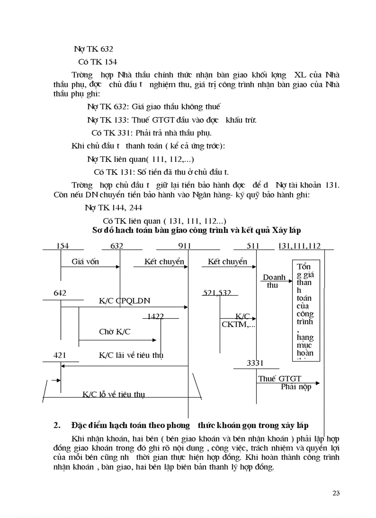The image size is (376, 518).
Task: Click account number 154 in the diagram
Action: pyautogui.click(x=63, y=246)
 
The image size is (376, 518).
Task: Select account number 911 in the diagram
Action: pyautogui.click(x=184, y=246)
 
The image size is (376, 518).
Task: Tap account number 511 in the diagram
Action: pyautogui.click(x=253, y=246)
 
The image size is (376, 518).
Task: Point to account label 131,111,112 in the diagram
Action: pyautogui.click(x=300, y=246)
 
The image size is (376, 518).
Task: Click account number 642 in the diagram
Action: pyautogui.click(x=60, y=293)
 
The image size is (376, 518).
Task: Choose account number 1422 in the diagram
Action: pyautogui.click(x=155, y=316)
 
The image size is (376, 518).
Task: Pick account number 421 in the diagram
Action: pyautogui.click(x=60, y=355)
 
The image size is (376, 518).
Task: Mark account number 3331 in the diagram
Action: pyautogui.click(x=255, y=363)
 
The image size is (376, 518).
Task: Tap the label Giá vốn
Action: pyautogui.click(x=85, y=262)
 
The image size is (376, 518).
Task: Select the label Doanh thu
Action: pyautogui.click(x=274, y=281)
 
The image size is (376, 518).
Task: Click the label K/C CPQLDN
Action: pyautogui.click(x=124, y=301)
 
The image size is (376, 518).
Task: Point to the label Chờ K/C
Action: pyautogui.click(x=115, y=332)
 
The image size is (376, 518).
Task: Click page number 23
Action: pyautogui.click(x=335, y=493)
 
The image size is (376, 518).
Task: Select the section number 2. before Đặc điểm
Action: pyautogui.click(x=58, y=425)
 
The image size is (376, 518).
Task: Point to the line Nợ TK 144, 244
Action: pyautogui.click(x=107, y=208)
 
